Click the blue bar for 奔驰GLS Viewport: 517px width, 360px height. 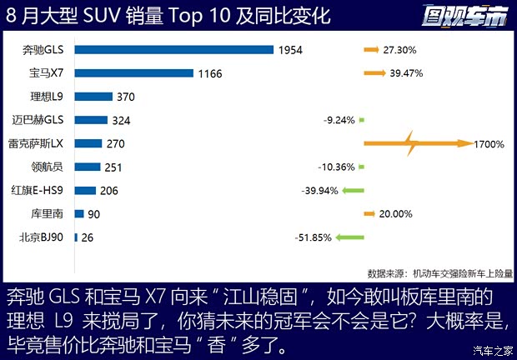pos(173,50)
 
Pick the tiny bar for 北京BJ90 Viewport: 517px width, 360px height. pos(76,237)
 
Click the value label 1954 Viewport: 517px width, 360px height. pos(290,50)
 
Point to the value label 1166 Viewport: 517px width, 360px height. pos(210,73)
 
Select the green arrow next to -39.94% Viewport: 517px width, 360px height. pos(354,191)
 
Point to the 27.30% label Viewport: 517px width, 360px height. pos(399,50)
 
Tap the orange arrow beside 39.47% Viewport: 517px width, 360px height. pos(372,73)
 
